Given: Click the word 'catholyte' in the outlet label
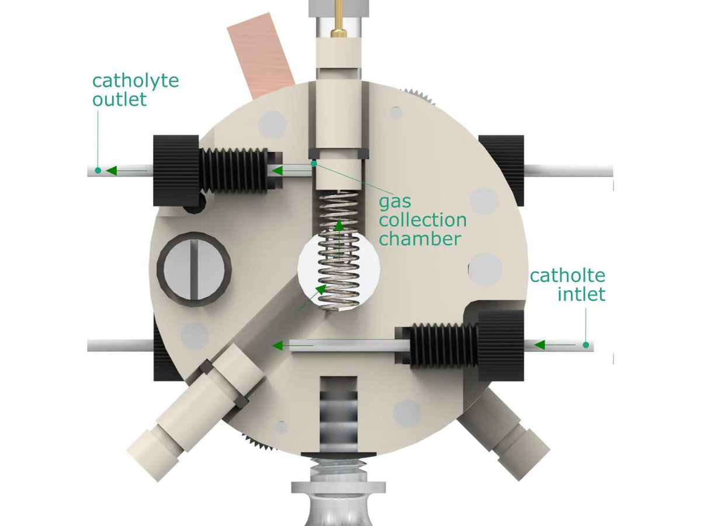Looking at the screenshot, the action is pos(136,81).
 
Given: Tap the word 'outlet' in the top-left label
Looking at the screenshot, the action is pos(119,99).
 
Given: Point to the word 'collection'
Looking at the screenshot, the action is pos(423,220).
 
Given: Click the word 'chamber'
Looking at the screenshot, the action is pos(420,238).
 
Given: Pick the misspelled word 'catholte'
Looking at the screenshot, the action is pos(567,276).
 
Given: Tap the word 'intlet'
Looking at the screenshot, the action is pos(581,294).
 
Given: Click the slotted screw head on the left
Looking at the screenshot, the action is pos(194,269).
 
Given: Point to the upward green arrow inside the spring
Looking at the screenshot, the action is pos(339,240).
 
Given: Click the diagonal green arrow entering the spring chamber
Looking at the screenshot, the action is pos(311,299).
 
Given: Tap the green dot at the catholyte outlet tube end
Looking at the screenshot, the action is pos(98,171).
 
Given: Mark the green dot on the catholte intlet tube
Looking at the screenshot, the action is pos(586,345).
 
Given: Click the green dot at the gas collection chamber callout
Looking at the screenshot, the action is pos(314,164).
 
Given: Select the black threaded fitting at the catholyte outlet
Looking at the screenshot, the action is pos(217,171).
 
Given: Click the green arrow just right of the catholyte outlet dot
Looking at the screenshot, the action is pos(126,171).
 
